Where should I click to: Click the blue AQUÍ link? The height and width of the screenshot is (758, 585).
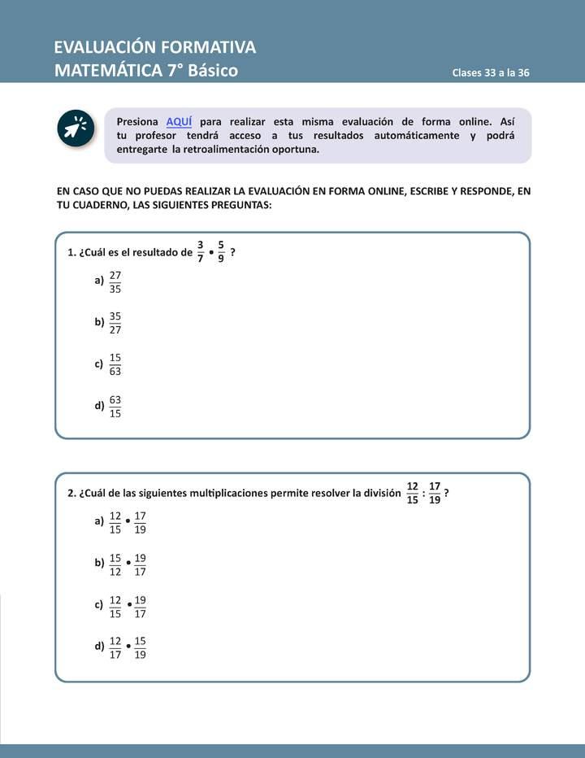[x=179, y=121]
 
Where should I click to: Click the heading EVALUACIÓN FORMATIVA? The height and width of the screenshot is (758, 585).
[x=154, y=46]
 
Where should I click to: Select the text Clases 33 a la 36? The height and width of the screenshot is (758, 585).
[x=491, y=72]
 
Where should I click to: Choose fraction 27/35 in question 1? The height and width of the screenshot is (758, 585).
[x=115, y=281]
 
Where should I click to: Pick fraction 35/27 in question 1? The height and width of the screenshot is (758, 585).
[x=115, y=323]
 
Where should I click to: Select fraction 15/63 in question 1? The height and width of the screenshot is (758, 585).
[x=115, y=364]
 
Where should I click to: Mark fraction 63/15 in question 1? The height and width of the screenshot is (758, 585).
[x=115, y=406]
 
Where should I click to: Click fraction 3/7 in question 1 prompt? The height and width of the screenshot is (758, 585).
[x=201, y=251]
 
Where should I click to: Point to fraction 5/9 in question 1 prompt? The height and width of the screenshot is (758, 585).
[x=221, y=251]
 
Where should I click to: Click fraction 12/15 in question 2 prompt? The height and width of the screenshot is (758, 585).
[x=412, y=493]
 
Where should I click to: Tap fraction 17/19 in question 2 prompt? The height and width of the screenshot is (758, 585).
[x=435, y=493]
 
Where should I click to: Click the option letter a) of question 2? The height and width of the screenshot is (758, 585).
[x=99, y=521]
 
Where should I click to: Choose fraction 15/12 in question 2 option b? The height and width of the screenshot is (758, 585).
[x=115, y=564]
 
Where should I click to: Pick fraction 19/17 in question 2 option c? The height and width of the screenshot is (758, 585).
[x=141, y=607]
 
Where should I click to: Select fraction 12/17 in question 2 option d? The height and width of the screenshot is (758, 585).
[x=115, y=648]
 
